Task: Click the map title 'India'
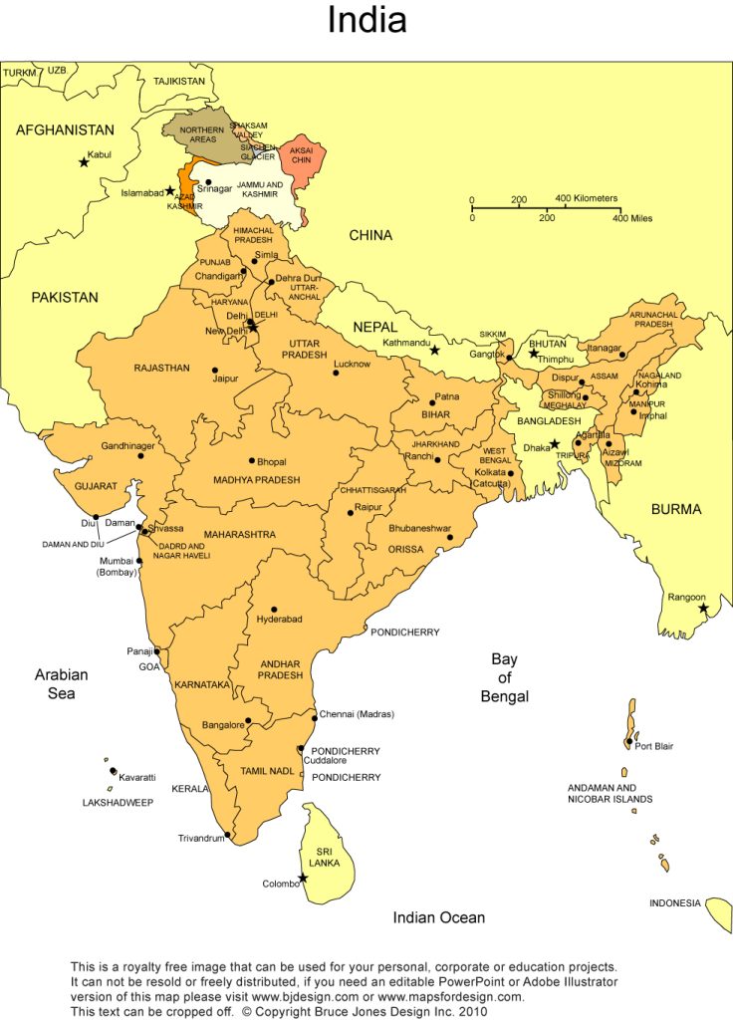(x=366, y=21)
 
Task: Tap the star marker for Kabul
(x=84, y=162)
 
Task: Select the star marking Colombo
(x=303, y=878)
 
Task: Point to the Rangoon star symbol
(x=703, y=608)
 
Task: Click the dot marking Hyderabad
(x=274, y=610)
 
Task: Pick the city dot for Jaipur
(x=215, y=371)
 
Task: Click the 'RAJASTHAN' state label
(x=161, y=369)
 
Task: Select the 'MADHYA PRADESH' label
(x=257, y=480)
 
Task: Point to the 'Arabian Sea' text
(x=62, y=683)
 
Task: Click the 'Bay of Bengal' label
(x=504, y=677)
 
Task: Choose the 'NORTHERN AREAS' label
(x=201, y=135)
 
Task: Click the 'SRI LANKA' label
(x=324, y=858)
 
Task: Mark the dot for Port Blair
(x=628, y=742)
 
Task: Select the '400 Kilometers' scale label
(x=587, y=198)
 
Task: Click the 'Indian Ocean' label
(x=439, y=917)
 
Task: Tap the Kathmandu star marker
(x=434, y=350)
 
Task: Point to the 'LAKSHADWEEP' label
(x=118, y=802)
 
